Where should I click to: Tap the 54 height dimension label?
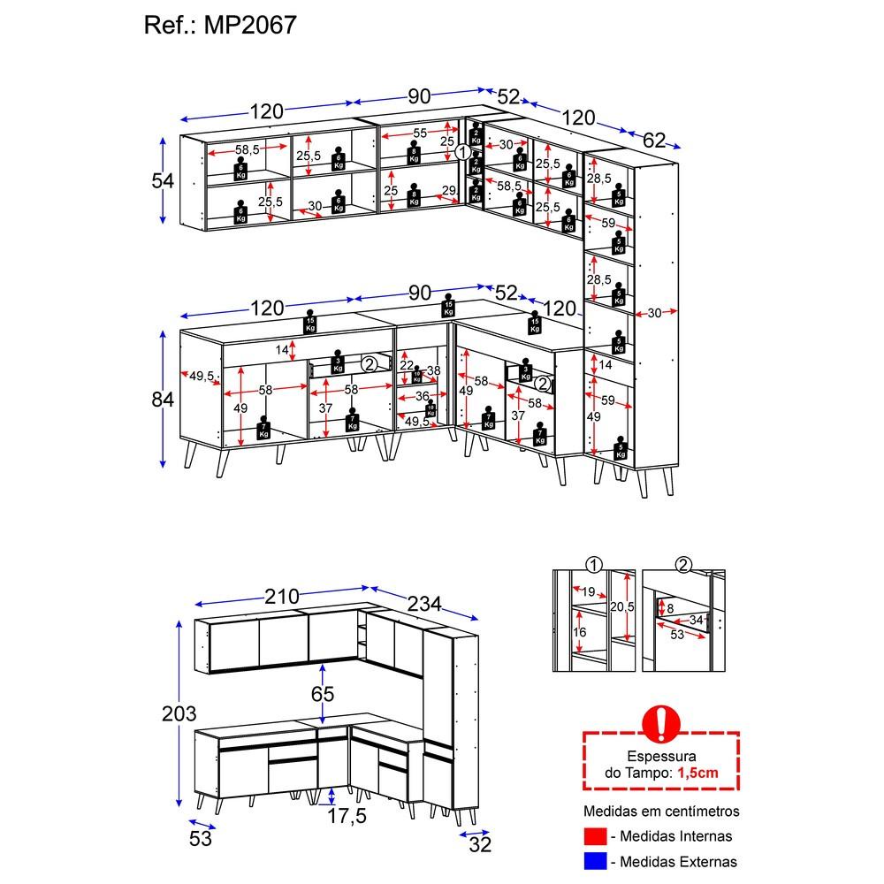click(163, 180)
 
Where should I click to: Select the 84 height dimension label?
click(163, 399)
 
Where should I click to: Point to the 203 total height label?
click(179, 713)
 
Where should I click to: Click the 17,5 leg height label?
click(346, 816)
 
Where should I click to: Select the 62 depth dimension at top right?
click(654, 139)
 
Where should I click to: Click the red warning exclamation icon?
click(659, 723)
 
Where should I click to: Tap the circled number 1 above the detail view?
click(593, 566)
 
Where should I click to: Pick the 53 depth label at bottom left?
click(201, 838)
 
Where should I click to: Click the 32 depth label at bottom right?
click(480, 845)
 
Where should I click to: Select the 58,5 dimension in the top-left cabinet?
click(247, 150)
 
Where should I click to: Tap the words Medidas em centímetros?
click(661, 811)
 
